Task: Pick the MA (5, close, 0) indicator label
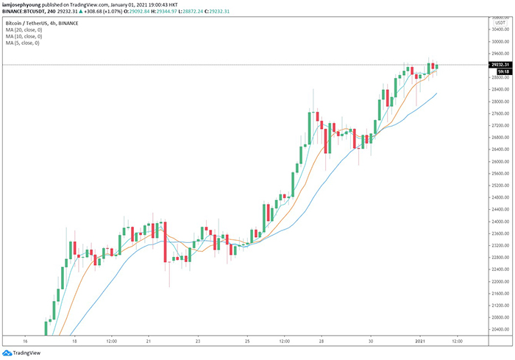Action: point(21,43)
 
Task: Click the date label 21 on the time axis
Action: point(149,342)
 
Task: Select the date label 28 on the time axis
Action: point(322,342)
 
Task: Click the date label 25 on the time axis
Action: point(247,342)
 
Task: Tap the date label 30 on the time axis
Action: point(372,342)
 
